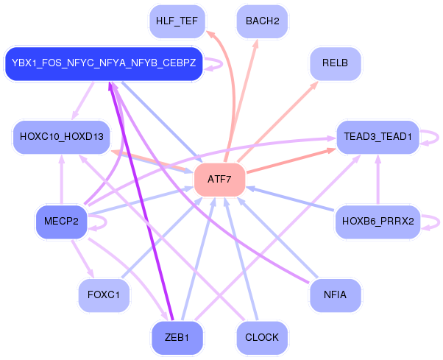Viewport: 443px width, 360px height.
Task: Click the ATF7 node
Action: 219,180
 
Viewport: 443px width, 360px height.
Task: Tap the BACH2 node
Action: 262,21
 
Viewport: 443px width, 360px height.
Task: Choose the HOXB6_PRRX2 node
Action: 378,221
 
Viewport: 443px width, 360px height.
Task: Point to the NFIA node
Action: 335,295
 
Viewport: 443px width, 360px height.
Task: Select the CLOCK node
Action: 262,338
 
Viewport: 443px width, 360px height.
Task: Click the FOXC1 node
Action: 104,295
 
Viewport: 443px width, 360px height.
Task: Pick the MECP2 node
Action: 61,221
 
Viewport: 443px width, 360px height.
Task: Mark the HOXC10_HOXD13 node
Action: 61,137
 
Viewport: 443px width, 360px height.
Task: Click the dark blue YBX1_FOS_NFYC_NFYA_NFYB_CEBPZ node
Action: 104,64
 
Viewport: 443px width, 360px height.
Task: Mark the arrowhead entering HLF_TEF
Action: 209,33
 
